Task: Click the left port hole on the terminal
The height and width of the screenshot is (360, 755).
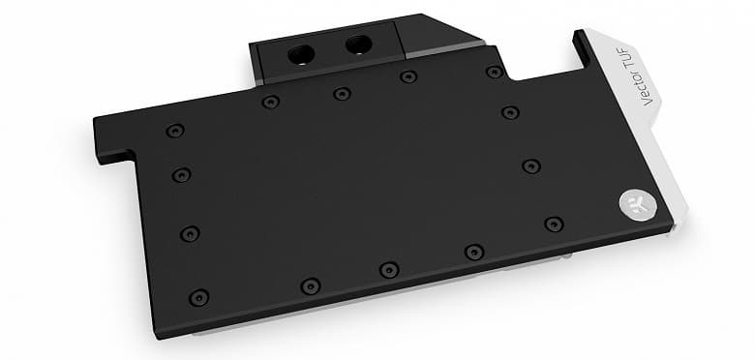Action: (301, 54)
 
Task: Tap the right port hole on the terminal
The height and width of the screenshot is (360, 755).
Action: (359, 45)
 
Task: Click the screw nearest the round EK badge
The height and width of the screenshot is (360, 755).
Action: (554, 224)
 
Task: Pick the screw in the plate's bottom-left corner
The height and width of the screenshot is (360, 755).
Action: (198, 297)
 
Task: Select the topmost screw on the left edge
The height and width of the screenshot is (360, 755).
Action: (175, 131)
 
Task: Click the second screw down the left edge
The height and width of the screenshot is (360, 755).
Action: (182, 175)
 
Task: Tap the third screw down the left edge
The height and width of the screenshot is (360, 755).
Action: (190, 234)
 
